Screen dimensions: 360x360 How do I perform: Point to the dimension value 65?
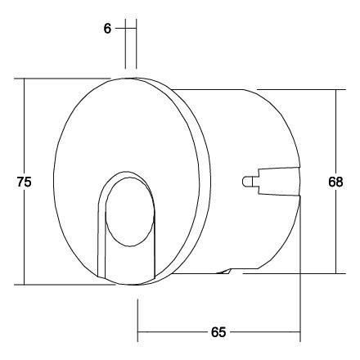(x=218, y=333)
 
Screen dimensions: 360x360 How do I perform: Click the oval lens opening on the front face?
(x=130, y=214)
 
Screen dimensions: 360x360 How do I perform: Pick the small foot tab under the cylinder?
(x=229, y=271)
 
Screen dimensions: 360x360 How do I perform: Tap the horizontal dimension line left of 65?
(x=172, y=333)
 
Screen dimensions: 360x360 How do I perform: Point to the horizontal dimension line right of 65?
(x=266, y=333)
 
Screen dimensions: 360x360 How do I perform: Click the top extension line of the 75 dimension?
(x=65, y=79)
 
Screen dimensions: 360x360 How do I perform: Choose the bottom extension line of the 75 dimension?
(x=65, y=285)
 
